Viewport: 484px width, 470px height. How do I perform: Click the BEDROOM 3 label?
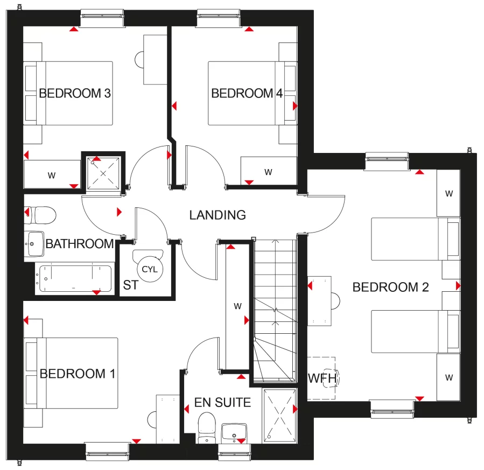pos(75,94)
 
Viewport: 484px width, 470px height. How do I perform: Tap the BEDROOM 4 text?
pos(247,94)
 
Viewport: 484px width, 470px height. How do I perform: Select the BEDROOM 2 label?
pos(390,287)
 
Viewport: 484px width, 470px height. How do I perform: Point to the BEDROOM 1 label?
pos(78,374)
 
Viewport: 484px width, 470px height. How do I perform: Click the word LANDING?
pos(218,215)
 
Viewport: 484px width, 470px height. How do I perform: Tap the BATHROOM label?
pos(80,244)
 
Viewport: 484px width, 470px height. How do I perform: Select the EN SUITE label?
pos(222,402)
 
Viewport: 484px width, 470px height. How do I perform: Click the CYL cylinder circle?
pos(149,269)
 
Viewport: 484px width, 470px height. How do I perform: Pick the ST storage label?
pos(130,285)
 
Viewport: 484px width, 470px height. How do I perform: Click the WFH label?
pos(322,378)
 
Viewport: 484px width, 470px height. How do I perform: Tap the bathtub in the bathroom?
pos(74,279)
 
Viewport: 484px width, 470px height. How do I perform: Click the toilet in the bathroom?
pos(41,215)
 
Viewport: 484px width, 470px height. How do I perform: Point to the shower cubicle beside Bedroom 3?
pos(102,171)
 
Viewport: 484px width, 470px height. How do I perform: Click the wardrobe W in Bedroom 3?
pos(52,174)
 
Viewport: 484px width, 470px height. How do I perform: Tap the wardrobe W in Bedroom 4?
pos(268,172)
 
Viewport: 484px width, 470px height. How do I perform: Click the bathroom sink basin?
pos(34,243)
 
